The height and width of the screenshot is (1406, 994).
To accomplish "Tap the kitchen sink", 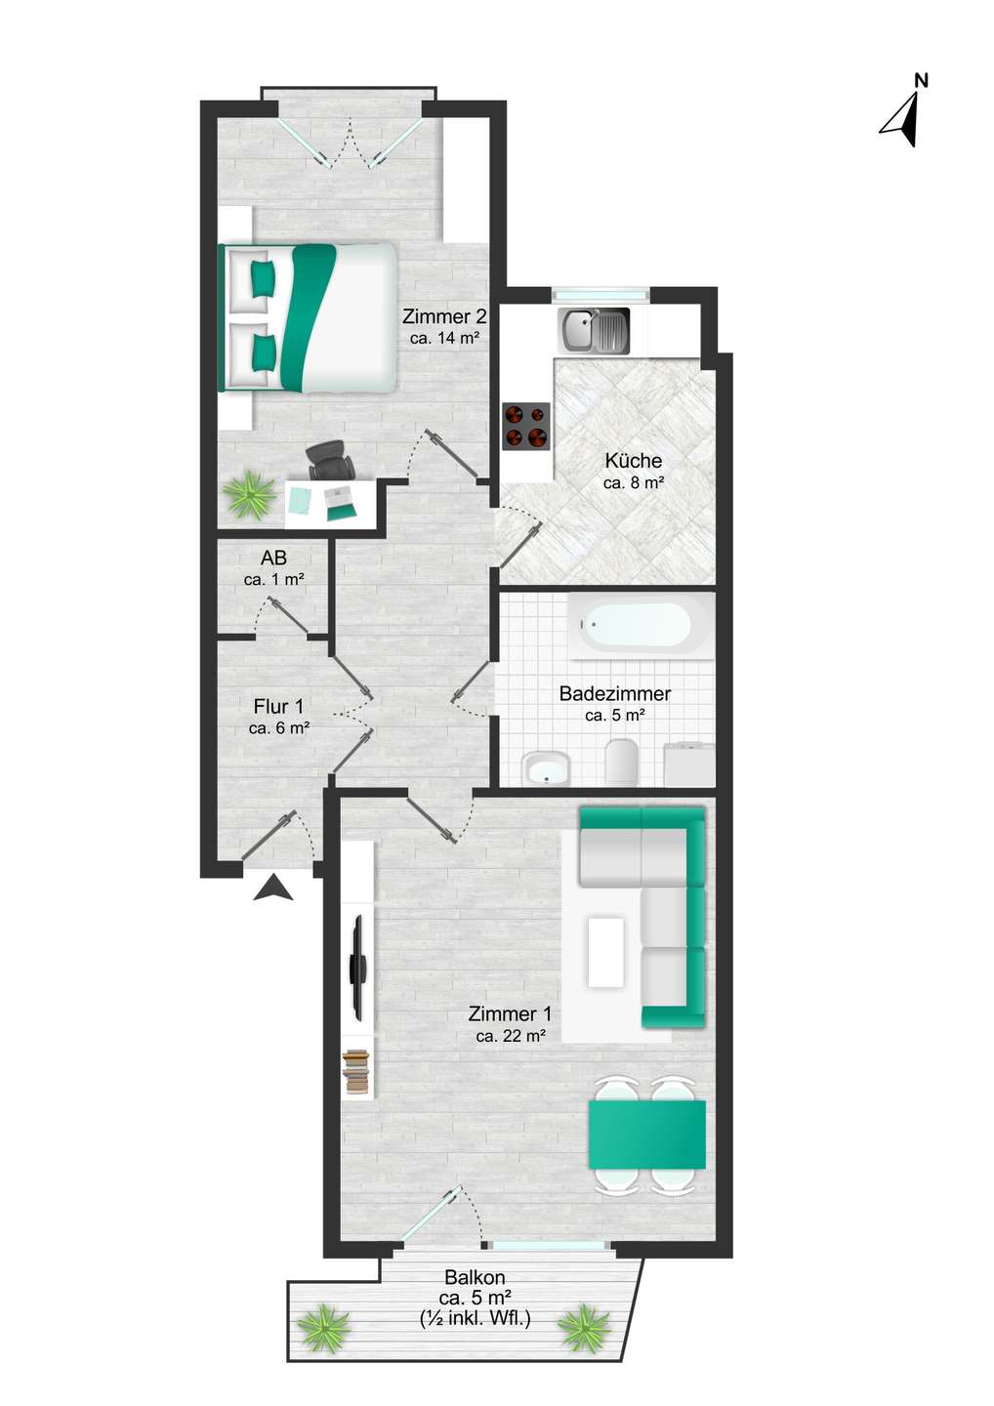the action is [593, 331].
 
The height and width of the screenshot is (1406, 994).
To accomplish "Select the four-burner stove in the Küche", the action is [526, 426].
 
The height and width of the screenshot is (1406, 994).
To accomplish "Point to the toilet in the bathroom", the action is [621, 762].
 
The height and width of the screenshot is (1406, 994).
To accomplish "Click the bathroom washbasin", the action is [546, 767].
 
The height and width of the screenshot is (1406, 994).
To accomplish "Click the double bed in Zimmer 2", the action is [308, 317].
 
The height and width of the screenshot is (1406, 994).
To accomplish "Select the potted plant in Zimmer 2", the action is [250, 494].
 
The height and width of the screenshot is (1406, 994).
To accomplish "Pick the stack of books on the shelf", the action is [355, 1073].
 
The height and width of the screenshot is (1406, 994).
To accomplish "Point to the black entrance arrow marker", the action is [273, 889].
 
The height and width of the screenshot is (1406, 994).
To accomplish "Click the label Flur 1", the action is [278, 707].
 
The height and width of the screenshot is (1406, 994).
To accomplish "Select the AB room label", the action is [273, 558].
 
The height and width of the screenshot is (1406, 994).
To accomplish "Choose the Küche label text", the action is [633, 460].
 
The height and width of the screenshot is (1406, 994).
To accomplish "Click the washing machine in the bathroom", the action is [689, 764].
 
